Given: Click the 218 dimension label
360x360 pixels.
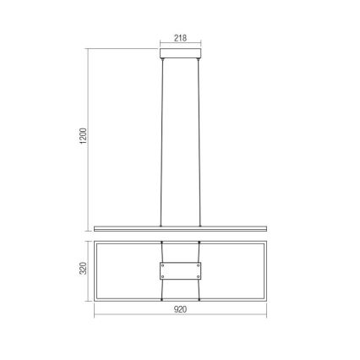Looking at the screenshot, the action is [x=180, y=38].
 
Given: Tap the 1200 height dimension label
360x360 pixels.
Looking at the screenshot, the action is [x=83, y=136].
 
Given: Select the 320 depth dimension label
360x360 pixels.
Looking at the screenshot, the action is [x=83, y=268].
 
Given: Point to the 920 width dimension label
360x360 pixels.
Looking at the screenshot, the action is [x=180, y=309].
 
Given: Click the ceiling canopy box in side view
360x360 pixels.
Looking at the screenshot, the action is [x=181, y=53].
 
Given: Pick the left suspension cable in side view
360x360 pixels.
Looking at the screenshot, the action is [x=161, y=143].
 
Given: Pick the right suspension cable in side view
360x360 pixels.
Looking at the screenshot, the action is [x=199, y=143].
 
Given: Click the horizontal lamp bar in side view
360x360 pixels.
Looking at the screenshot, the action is [x=180, y=228].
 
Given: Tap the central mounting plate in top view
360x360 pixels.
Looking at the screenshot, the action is [x=180, y=271].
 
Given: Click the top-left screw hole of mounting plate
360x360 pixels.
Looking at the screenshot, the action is [x=162, y=265].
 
